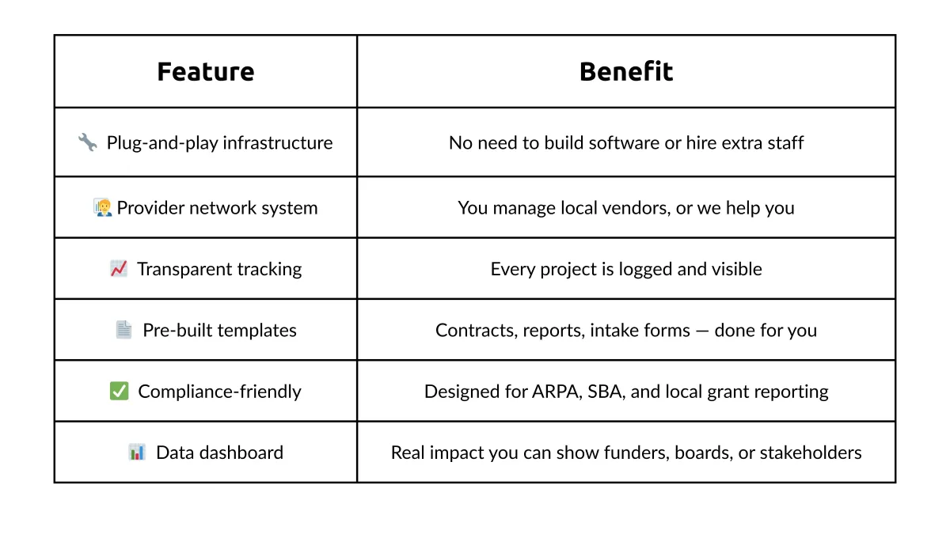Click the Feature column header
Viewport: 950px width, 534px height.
click(206, 71)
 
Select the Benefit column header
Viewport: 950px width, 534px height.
click(626, 71)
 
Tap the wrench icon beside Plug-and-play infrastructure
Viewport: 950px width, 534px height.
click(88, 142)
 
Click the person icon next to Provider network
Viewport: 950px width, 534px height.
click(103, 207)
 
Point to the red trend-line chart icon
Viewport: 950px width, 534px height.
click(119, 269)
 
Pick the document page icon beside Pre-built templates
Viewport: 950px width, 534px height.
click(123, 330)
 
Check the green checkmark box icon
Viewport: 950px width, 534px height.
click(120, 391)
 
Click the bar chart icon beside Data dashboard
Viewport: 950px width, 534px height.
click(137, 453)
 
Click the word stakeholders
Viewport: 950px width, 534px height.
click(811, 453)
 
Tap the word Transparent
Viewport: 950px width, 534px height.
click(184, 270)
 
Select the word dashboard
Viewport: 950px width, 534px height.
click(241, 453)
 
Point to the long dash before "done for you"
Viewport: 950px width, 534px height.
click(702, 331)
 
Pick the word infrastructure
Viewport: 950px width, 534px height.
click(278, 143)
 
